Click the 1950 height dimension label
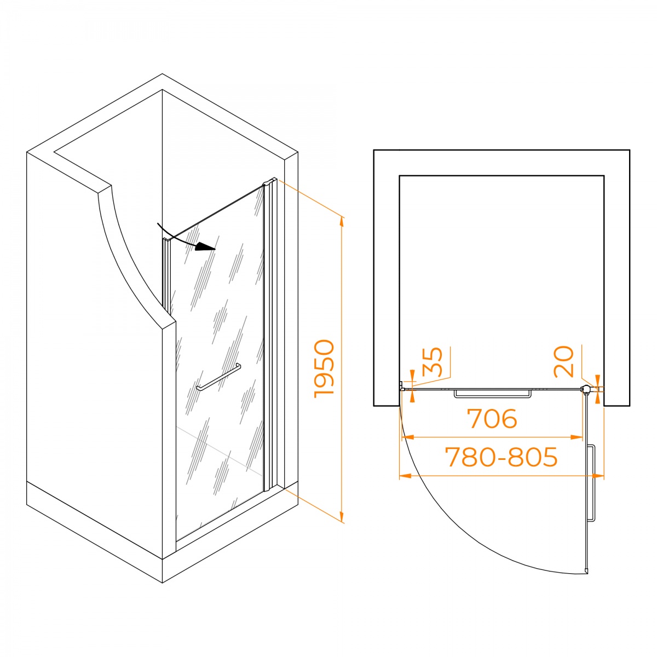[x=323, y=369]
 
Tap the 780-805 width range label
[x=502, y=457]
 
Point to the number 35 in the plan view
[x=432, y=362]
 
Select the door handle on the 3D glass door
[x=218, y=377]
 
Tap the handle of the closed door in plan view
[x=493, y=394]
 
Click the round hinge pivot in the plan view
[x=585, y=389]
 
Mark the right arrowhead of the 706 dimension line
[x=577, y=437]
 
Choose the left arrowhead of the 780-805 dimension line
[x=405, y=475]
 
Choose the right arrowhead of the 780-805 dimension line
[x=598, y=475]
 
